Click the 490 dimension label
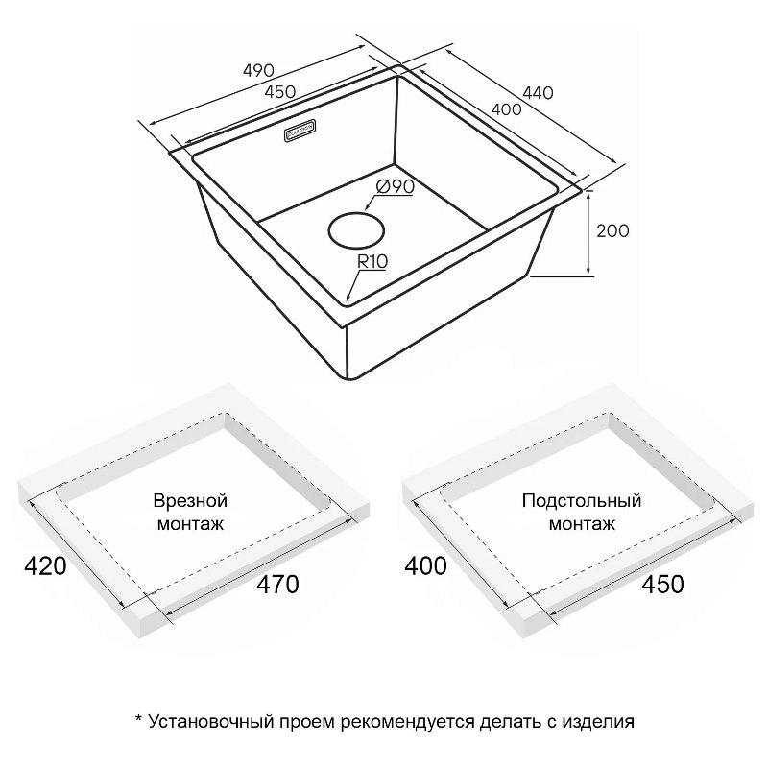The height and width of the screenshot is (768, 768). (258, 70)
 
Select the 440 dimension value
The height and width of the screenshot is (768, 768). (538, 92)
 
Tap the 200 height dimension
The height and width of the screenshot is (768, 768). (612, 230)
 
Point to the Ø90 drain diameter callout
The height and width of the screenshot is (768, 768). (396, 186)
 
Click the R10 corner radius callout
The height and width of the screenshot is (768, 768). (372, 262)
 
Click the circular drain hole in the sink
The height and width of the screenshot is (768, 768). (356, 230)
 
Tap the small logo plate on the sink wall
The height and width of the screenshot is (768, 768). (300, 131)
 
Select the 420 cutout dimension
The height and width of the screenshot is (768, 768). (45, 566)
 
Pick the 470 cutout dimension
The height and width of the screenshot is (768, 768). (277, 585)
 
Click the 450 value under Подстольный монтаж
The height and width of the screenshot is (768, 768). (662, 584)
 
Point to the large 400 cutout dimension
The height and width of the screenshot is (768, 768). (425, 566)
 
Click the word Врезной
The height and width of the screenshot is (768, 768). (190, 501)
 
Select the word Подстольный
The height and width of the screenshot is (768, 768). (582, 501)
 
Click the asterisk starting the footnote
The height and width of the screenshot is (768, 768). (138, 718)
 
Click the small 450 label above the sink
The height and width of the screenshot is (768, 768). (279, 91)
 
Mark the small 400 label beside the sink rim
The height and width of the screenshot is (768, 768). (507, 109)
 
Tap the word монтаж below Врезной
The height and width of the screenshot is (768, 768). (190, 524)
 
